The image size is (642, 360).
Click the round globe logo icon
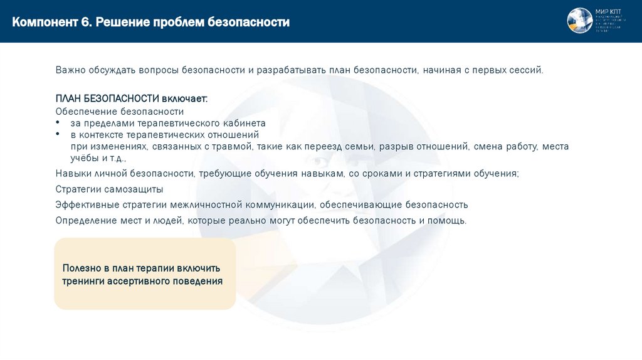[x=579, y=21]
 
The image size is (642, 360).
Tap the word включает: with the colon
[x=184, y=99]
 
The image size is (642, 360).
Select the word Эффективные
[x=83, y=204]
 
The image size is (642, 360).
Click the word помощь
[x=447, y=220]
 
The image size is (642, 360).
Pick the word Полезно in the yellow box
[x=81, y=268]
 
